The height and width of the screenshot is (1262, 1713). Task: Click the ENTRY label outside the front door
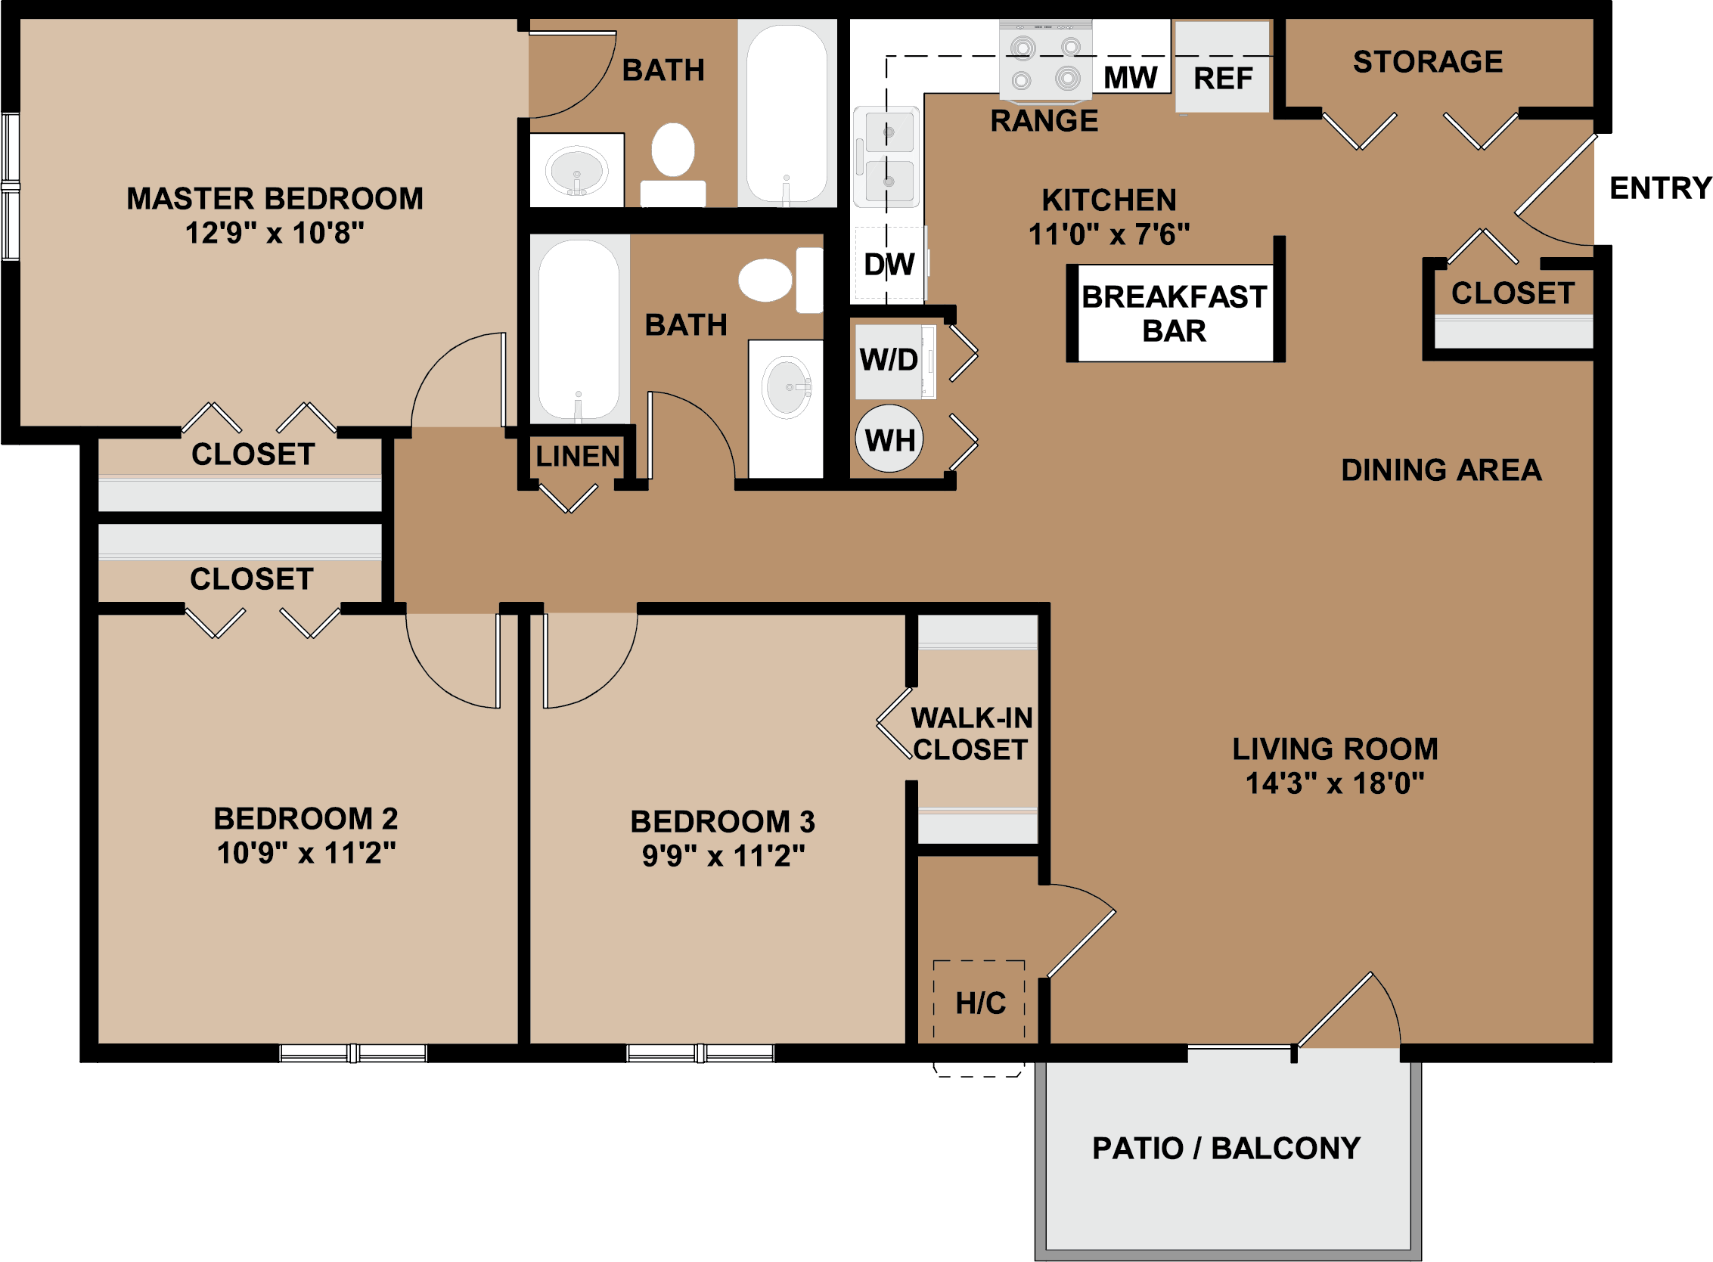(x=1660, y=188)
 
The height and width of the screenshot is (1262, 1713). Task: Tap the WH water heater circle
(x=889, y=439)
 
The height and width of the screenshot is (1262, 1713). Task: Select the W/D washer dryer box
(x=895, y=361)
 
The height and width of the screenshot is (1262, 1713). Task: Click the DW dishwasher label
(x=889, y=265)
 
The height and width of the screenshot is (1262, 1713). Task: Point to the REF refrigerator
(x=1221, y=67)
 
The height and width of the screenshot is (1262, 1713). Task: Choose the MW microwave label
(x=1130, y=77)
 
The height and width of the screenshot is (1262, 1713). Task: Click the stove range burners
(x=1045, y=61)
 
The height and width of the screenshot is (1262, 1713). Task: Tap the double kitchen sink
(x=887, y=157)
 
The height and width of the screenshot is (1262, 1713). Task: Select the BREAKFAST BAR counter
(x=1175, y=313)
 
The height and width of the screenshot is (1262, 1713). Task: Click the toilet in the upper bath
(x=672, y=164)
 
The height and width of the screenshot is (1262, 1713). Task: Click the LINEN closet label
(x=577, y=456)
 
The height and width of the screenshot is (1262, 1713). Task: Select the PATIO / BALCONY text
(x=1225, y=1148)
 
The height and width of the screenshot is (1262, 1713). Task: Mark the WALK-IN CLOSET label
(x=971, y=733)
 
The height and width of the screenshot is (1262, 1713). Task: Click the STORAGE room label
(x=1427, y=62)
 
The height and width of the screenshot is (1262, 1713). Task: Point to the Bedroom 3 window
(x=700, y=1053)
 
